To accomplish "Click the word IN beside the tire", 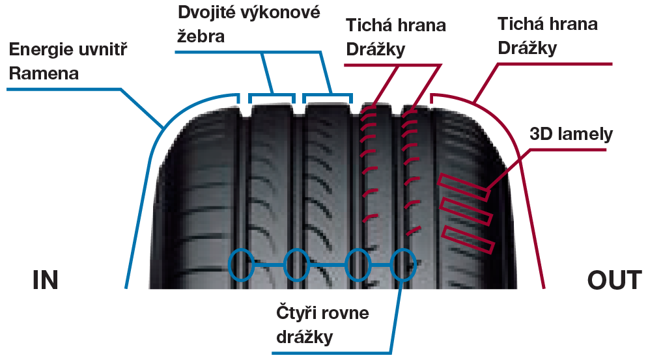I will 45,279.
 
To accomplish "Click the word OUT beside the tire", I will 614,279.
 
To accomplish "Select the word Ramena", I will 44,73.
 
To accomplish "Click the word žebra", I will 201,35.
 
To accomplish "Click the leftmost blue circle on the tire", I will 242,264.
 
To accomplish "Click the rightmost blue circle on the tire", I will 403,264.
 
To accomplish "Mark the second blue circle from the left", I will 296,264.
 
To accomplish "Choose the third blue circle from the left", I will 358,264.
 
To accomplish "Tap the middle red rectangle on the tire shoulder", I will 465,212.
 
